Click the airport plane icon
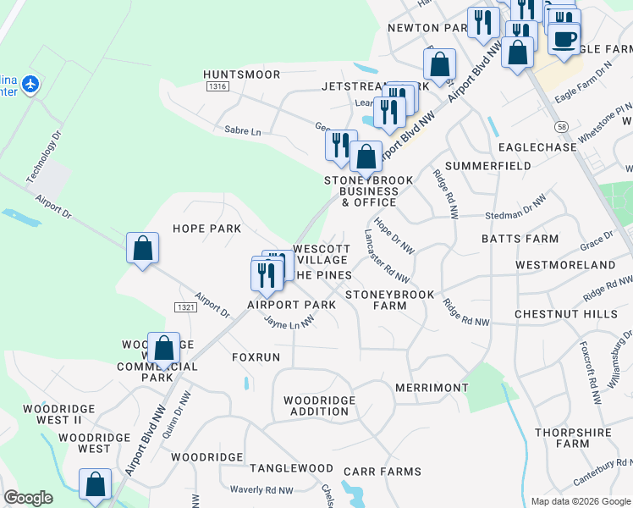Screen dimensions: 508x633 30,84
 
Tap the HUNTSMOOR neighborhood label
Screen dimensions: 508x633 241,75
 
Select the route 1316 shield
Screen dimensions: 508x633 217,86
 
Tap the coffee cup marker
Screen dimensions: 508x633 564,39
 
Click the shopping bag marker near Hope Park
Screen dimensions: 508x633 143,249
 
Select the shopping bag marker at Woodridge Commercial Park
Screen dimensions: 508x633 163,348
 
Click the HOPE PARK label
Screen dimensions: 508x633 207,229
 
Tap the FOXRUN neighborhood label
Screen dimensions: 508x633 256,357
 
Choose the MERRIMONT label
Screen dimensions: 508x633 431,388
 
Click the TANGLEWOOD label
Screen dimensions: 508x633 291,468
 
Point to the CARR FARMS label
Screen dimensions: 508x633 388,472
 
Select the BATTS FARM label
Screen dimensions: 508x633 520,239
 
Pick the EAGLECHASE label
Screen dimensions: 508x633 537,146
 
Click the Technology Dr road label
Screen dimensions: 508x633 44,157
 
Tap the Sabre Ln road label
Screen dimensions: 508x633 243,131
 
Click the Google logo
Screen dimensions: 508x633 29,498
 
